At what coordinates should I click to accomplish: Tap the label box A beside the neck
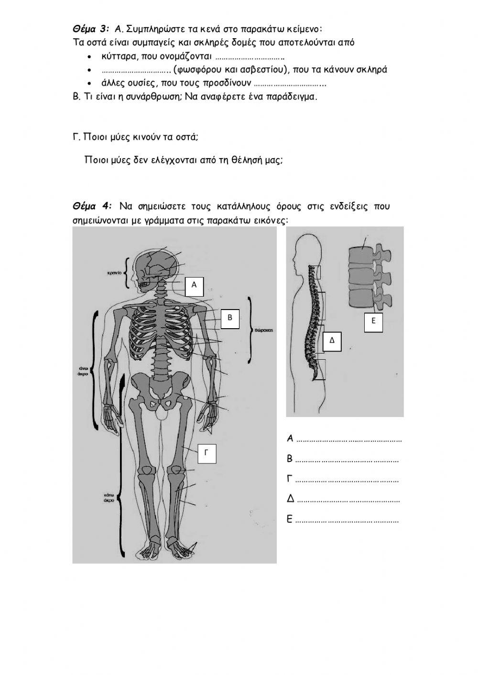pos(194,285)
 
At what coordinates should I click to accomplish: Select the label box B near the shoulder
pos(230,318)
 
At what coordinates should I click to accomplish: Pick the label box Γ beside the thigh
pos(206,453)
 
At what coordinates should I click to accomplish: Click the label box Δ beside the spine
pos(332,340)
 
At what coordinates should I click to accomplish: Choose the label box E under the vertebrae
pos(373,321)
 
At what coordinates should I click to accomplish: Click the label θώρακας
pos(263,330)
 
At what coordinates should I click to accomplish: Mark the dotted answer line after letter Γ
pos(347,480)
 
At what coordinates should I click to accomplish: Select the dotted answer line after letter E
pos(347,521)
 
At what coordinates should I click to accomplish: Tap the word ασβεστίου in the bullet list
pos(266,70)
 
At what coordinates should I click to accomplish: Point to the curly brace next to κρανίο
pos(127,273)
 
